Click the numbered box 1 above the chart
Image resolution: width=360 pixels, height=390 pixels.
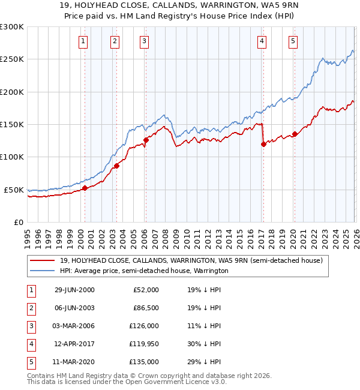click(83, 41)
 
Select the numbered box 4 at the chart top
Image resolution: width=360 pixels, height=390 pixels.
click(262, 41)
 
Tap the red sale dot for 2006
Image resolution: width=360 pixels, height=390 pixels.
click(146, 140)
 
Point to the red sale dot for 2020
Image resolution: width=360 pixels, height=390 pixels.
click(295, 134)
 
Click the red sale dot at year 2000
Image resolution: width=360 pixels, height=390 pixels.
click(85, 188)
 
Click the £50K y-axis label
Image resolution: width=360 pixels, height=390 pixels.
click(14, 190)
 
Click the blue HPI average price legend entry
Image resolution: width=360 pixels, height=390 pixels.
click(144, 271)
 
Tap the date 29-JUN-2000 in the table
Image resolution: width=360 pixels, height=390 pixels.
click(74, 290)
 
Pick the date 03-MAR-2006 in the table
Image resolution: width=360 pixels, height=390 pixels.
click(74, 326)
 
